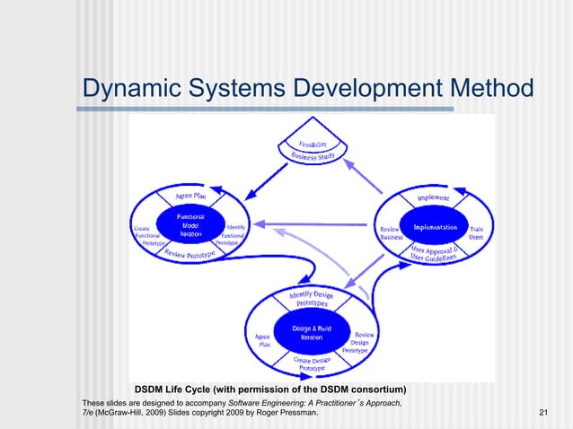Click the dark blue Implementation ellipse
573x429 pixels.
[x=436, y=226]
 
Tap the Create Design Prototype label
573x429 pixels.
[x=313, y=363]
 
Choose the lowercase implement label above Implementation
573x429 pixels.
[x=432, y=197]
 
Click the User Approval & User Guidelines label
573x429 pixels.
[x=436, y=254]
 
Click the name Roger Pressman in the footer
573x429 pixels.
[x=287, y=412]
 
